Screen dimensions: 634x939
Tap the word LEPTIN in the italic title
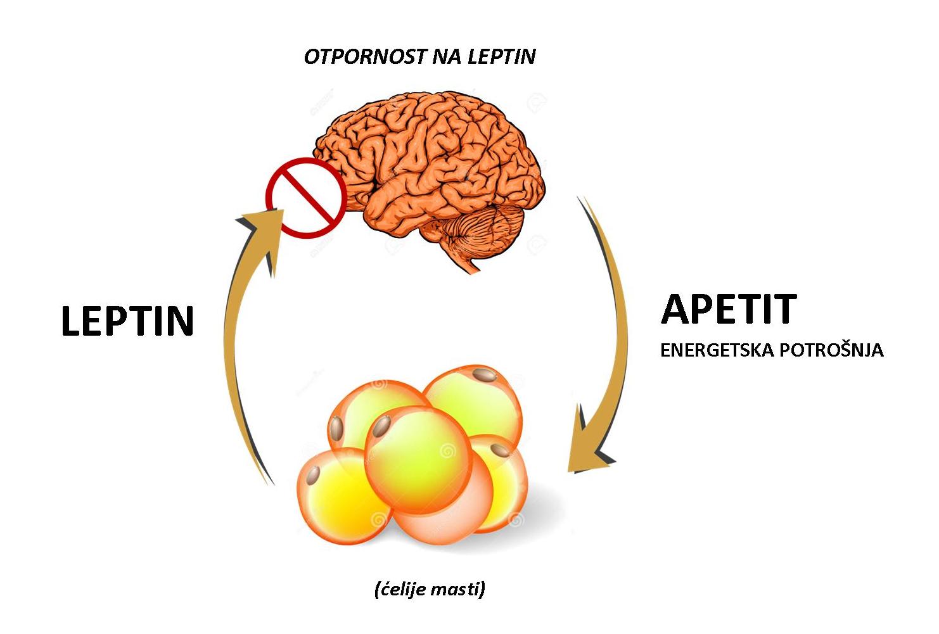click(x=502, y=56)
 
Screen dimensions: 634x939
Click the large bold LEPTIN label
click(x=127, y=320)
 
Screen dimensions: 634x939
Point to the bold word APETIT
click(x=729, y=309)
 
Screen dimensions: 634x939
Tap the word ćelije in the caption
click(x=403, y=589)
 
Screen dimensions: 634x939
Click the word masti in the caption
click(x=459, y=589)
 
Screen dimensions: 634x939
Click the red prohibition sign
click(x=306, y=197)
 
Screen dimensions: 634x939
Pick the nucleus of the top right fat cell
click(x=484, y=374)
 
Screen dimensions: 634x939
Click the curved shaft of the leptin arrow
click(x=231, y=355)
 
